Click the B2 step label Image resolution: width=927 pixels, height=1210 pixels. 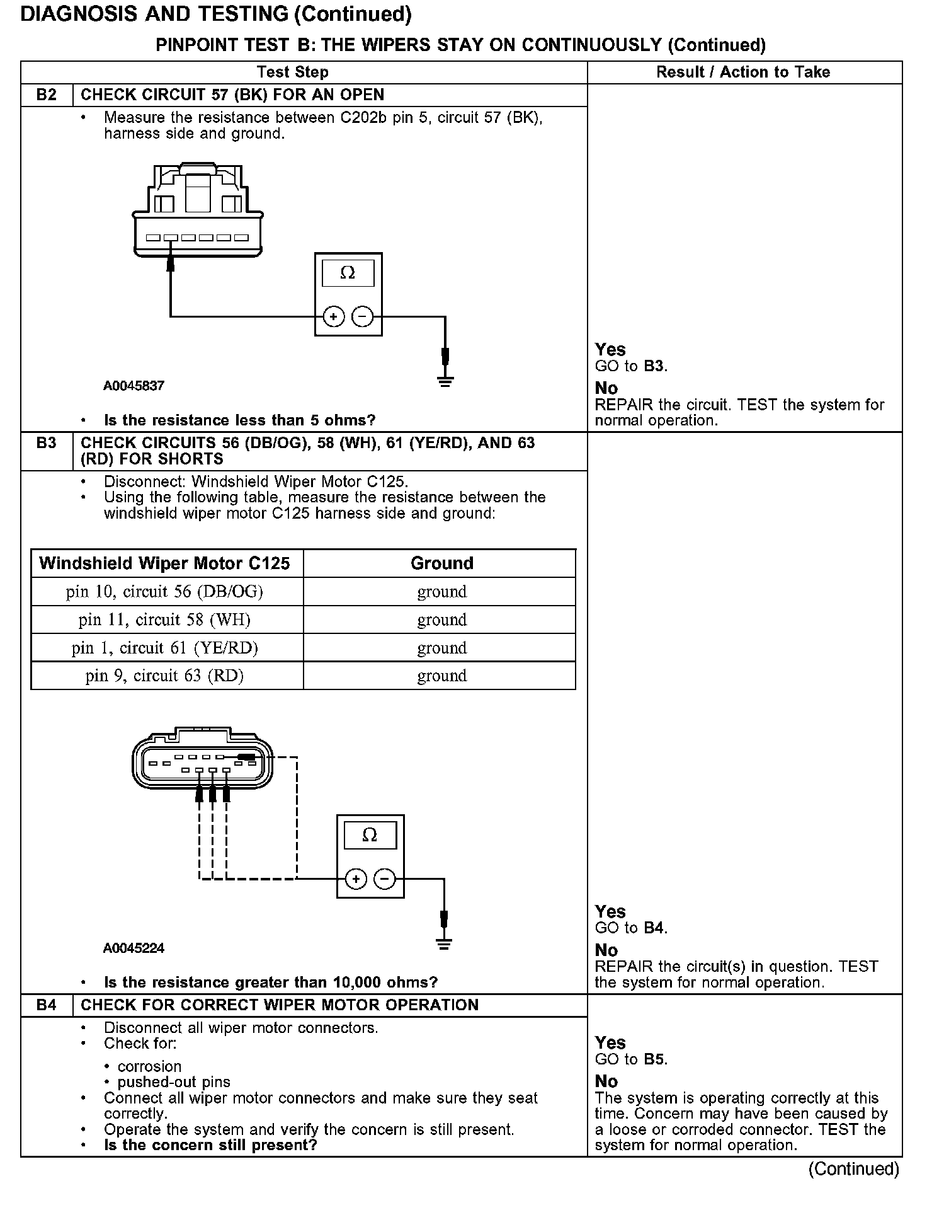click(46, 95)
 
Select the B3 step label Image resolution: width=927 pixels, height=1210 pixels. click(46, 443)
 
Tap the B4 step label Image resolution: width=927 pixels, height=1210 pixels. click(46, 1005)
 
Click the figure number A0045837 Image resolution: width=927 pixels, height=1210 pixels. click(134, 386)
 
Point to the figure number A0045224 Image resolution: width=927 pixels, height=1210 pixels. click(134, 948)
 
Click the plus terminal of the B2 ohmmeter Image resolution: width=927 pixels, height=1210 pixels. click(334, 316)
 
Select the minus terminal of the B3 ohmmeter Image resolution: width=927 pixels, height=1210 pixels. click(384, 879)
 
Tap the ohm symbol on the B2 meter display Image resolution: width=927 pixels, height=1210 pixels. click(348, 273)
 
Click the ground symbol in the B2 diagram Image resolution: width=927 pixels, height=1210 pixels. click(445, 381)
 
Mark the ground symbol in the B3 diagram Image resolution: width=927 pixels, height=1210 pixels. click(444, 943)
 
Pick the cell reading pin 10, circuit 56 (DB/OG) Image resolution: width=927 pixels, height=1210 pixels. click(164, 592)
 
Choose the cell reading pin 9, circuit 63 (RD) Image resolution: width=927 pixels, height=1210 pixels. click(164, 676)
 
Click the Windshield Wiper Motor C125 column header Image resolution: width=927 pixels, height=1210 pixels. click(164, 563)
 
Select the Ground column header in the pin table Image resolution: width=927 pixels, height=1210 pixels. click(441, 563)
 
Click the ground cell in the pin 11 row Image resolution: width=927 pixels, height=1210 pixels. click(441, 620)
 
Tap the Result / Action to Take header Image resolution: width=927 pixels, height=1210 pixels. click(743, 72)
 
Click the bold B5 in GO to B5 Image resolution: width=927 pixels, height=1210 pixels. click(654, 1059)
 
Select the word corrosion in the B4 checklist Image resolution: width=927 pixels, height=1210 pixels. click(149, 1066)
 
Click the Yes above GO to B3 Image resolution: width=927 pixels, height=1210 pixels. click(610, 350)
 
